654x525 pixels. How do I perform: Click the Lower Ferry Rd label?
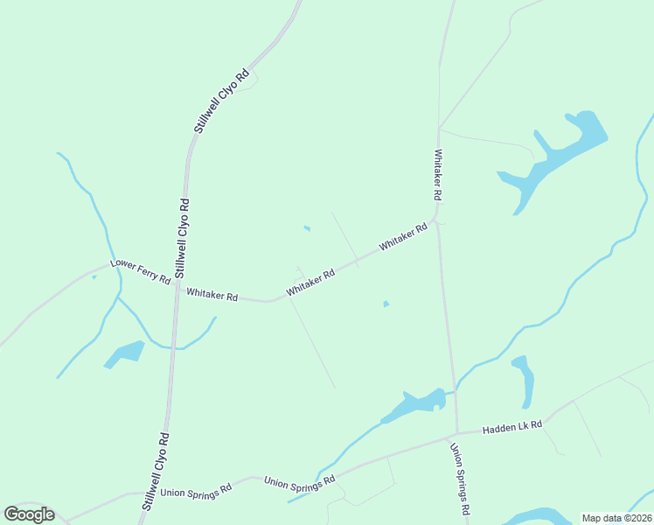coord(140,270)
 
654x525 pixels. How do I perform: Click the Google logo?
coord(29,514)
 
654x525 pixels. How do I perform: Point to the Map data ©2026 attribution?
coord(616,517)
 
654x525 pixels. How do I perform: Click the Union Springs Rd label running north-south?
coord(461,479)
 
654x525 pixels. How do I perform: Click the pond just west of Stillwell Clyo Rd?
coord(125,353)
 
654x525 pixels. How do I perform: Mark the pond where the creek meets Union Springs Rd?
coord(413,404)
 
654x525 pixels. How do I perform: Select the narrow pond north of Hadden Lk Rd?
coord(524,379)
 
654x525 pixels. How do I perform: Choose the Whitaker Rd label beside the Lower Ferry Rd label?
coord(212,296)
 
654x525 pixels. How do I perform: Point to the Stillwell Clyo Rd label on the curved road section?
coord(220,101)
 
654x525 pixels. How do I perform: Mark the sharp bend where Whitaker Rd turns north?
coord(435,217)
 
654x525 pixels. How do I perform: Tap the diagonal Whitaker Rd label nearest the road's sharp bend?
coord(403,238)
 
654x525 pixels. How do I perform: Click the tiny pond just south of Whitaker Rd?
coord(386,304)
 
